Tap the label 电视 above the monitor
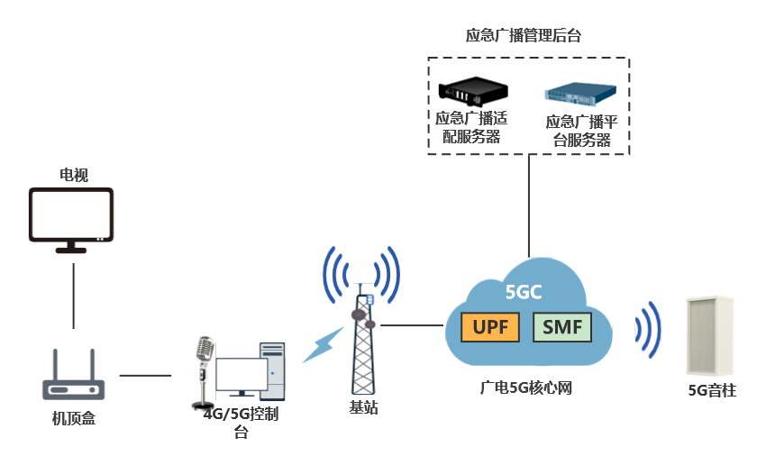coord(73,175)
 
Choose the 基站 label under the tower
coord(364,407)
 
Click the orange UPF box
coord(491,327)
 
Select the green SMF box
coord(562,327)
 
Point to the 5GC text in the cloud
coord(524,291)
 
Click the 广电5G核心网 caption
coord(526,388)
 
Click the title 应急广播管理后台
coord(523,36)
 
